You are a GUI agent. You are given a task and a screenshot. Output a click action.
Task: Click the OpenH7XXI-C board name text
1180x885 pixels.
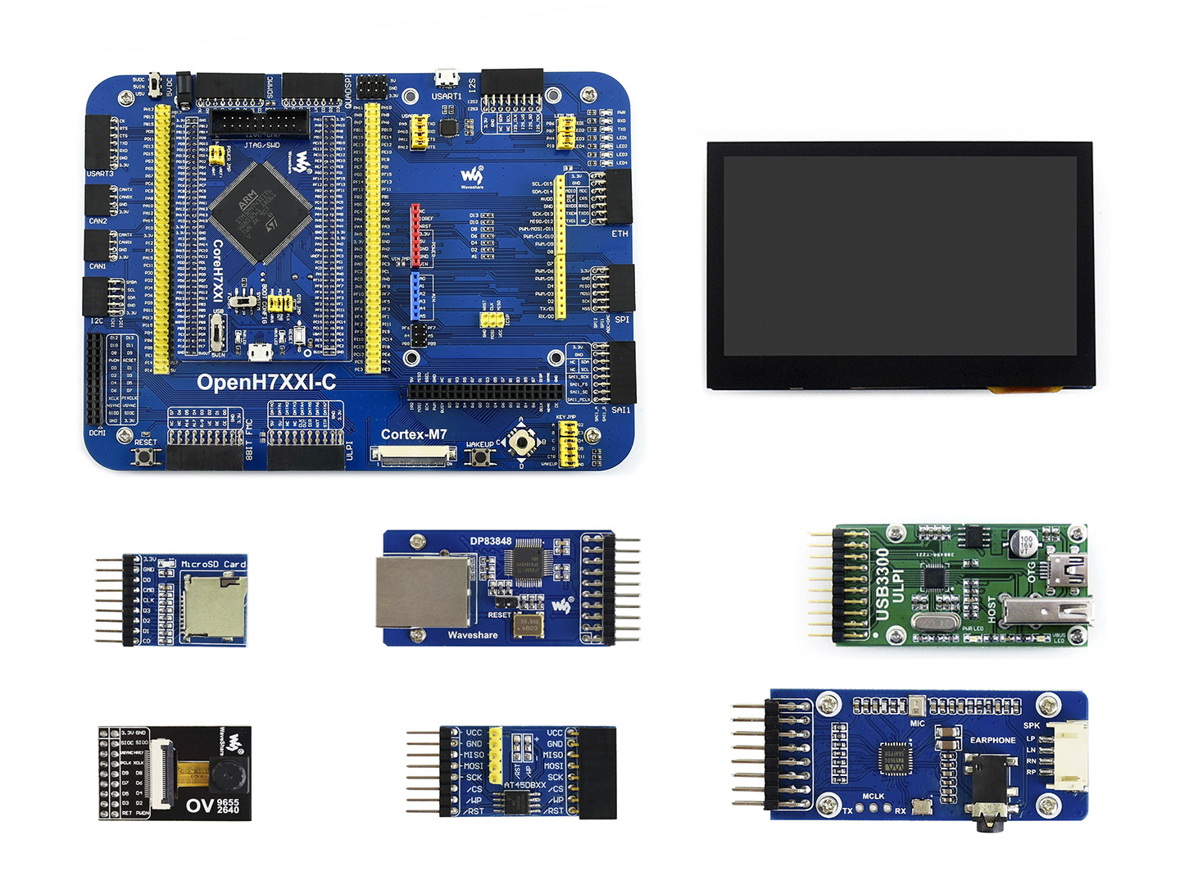click(266, 382)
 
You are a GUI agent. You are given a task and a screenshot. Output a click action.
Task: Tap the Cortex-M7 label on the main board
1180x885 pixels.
click(414, 434)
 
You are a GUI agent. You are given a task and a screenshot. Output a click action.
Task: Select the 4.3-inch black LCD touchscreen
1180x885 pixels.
click(900, 265)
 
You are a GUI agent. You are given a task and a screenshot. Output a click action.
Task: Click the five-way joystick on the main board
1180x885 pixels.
click(520, 442)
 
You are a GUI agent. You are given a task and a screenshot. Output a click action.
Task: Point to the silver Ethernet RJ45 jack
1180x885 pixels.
click(422, 592)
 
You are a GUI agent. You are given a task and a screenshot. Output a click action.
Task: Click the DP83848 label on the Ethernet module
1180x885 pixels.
click(490, 542)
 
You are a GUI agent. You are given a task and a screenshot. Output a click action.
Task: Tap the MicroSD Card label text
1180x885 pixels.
click(213, 564)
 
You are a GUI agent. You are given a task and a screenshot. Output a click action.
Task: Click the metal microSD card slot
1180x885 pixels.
click(214, 606)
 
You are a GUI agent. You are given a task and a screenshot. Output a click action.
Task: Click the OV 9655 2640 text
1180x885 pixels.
click(213, 806)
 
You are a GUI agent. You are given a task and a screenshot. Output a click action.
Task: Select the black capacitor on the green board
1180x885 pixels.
click(1025, 544)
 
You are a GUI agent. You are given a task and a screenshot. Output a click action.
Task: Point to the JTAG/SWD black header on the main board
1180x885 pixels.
click(260, 124)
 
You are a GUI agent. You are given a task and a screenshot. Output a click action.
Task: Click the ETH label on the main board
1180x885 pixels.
click(619, 234)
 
